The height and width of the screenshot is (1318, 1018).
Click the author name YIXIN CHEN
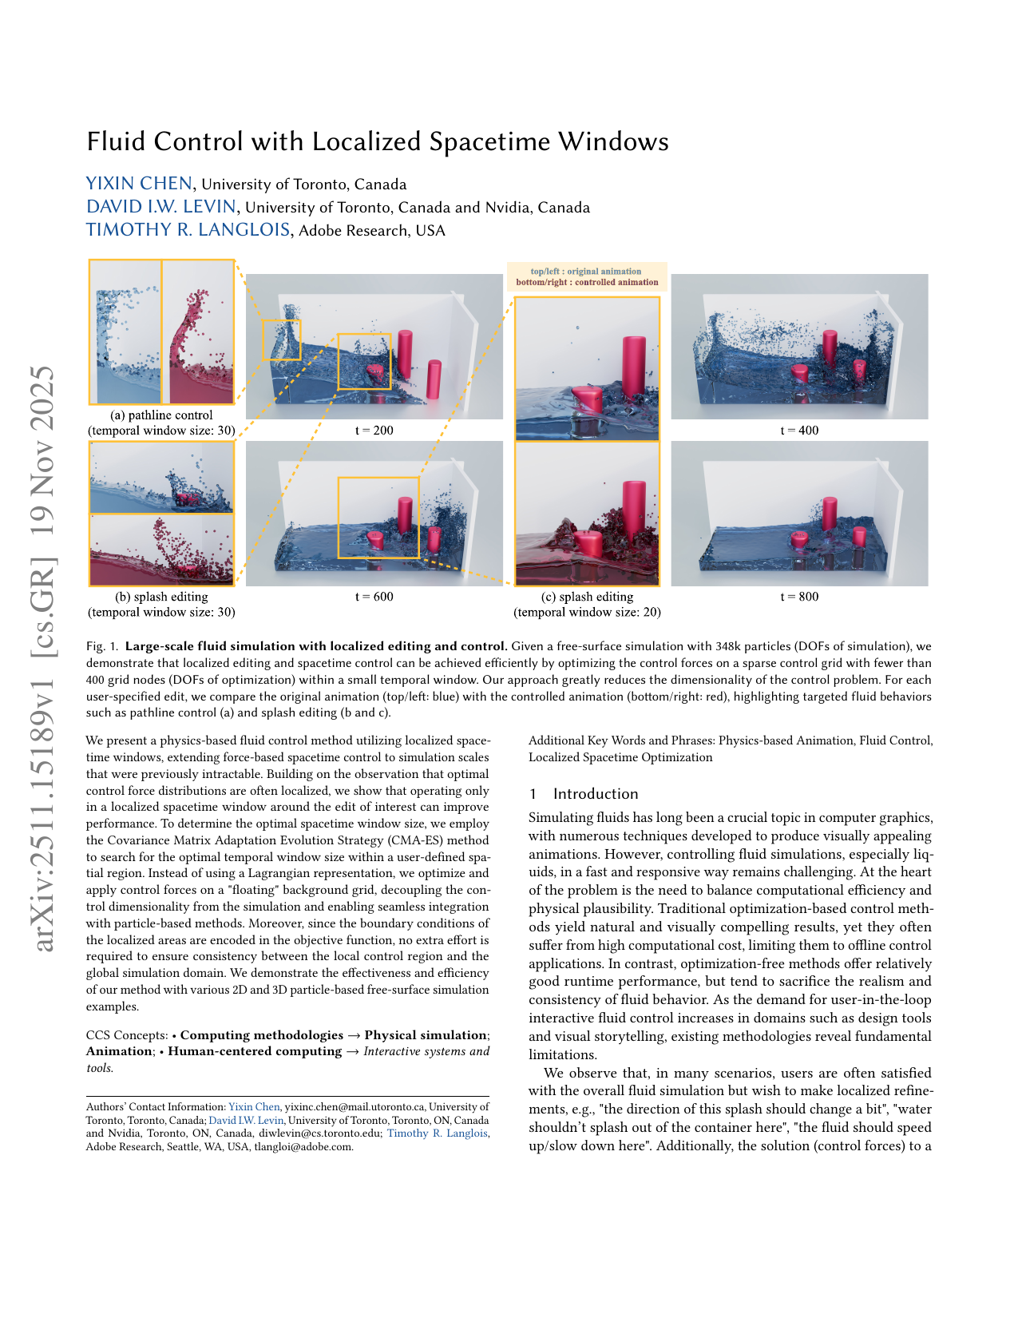click(139, 184)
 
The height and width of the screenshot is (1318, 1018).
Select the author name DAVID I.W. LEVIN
click(161, 207)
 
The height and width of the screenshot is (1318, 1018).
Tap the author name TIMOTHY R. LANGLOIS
click(188, 230)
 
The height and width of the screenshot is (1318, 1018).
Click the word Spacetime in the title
click(489, 141)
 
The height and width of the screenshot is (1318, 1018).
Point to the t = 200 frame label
click(374, 431)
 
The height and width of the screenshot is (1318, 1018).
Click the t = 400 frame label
click(799, 431)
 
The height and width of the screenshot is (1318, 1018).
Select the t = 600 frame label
click(374, 597)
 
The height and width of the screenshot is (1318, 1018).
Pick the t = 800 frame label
click(799, 597)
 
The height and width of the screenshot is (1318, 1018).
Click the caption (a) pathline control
click(161, 415)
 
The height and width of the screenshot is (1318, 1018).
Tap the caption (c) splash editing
click(587, 597)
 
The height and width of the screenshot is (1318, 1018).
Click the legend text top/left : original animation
click(586, 272)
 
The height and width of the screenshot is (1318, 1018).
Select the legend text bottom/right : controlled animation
click(587, 282)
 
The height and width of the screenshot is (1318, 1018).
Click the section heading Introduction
click(596, 794)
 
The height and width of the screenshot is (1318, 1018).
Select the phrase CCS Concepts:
click(127, 1035)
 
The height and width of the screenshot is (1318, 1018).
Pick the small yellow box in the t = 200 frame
click(282, 339)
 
